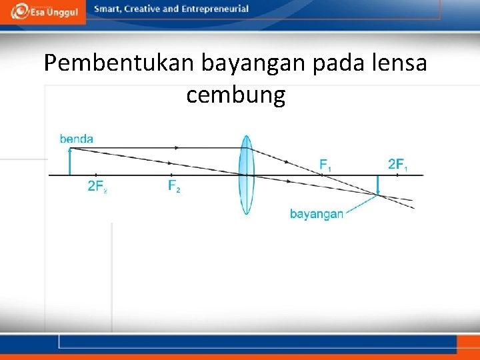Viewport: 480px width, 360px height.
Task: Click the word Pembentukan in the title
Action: pos(117,63)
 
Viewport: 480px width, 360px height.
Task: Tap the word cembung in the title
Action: pos(235,95)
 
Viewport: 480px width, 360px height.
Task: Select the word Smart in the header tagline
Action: pos(107,9)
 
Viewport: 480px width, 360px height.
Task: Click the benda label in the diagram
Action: pos(77,139)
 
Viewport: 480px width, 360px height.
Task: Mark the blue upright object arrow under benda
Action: pos(69,161)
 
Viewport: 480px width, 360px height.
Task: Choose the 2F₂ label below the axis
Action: pos(97,187)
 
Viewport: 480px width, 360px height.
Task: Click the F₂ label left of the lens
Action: pos(174,187)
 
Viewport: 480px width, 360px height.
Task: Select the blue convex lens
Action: pos(247,175)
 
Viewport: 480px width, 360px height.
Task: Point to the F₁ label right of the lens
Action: pos(325,163)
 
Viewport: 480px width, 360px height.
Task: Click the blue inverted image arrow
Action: pos(377,185)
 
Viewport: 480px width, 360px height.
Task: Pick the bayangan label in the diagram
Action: pos(317,214)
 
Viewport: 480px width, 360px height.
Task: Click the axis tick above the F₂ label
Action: pos(171,175)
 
